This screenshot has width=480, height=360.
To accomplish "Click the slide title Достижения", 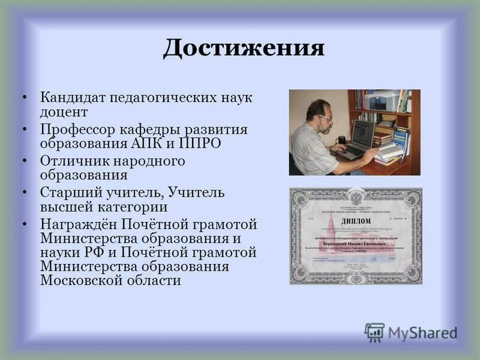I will [244, 48].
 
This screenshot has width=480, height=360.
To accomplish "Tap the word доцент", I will [64, 112].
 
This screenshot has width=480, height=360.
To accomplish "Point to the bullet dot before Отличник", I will [24, 161].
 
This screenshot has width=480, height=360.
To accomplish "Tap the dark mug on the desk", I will [341, 142].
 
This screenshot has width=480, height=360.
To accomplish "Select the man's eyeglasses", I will [325, 118].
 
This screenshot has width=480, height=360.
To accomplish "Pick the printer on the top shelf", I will [382, 100].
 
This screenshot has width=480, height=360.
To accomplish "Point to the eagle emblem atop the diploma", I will [355, 199].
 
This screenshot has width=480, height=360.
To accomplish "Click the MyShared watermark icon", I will [374, 332].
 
